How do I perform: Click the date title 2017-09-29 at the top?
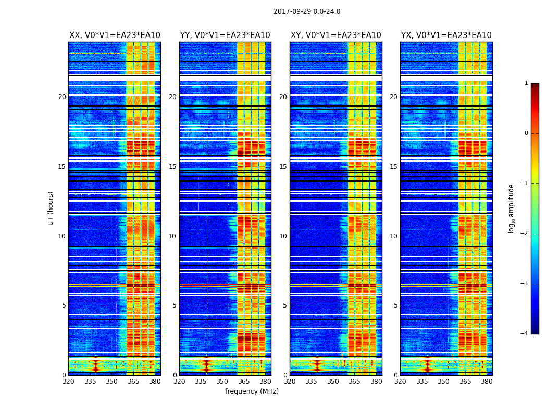307,11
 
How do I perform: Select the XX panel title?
115,35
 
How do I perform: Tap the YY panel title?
225,35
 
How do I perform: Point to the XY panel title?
336,35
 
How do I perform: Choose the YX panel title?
446,35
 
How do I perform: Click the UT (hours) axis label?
51,208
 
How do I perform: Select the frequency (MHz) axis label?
252,391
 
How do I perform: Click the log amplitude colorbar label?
511,208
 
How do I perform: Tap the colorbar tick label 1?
526,83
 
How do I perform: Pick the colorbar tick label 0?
526,133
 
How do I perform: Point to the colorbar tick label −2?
525,234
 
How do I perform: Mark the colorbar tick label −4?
525,334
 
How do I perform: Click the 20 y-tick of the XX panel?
62,97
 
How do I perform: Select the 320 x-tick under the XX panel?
68,382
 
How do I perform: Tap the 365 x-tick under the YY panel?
244,382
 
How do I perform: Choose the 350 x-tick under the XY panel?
333,382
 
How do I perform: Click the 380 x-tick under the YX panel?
487,382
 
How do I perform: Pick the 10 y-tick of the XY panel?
283,236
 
